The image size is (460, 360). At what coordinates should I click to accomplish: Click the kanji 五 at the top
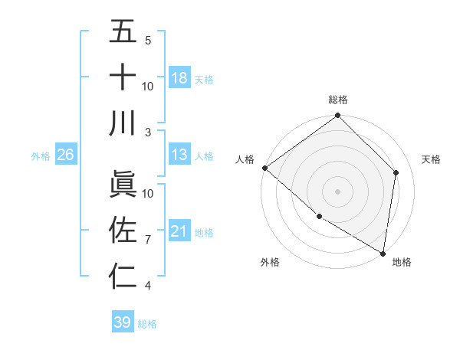[x=123, y=32]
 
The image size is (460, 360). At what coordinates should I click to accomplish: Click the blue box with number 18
[x=179, y=78]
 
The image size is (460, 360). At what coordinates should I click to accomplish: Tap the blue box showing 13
[x=179, y=155]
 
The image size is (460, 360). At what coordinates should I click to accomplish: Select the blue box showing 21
[x=179, y=231]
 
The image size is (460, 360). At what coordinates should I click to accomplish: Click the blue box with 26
[x=66, y=155]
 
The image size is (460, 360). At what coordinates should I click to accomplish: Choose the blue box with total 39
[x=122, y=322]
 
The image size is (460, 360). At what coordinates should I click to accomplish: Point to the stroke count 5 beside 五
[x=148, y=41]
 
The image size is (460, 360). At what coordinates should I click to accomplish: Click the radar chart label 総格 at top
[x=337, y=100]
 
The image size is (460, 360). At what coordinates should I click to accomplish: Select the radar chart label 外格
[x=270, y=262]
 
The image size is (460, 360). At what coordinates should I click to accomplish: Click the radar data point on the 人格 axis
[x=264, y=168]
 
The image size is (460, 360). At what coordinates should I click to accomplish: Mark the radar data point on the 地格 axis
[x=383, y=252]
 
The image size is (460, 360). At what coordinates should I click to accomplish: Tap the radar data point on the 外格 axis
[x=319, y=216]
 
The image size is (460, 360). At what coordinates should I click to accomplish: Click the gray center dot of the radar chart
[x=337, y=191]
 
